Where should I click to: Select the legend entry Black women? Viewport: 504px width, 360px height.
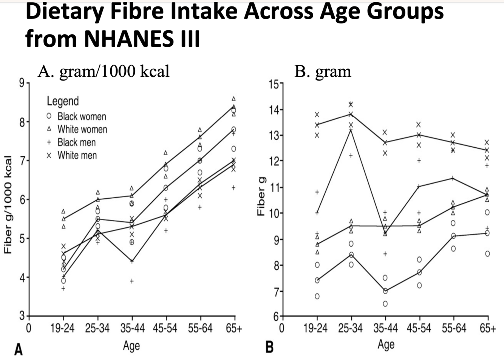82,116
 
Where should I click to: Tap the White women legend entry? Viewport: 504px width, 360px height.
82,129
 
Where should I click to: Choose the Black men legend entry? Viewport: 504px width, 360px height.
76,142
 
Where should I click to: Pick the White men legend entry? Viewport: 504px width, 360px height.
77,155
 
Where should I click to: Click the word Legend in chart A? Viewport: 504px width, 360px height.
63,101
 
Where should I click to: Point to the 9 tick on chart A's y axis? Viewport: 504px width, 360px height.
21,83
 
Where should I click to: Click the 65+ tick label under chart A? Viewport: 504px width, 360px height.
234,328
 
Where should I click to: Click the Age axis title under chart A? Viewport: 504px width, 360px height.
131,345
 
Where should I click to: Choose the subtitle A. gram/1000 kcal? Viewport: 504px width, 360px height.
104,71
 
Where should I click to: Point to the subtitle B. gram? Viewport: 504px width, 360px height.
323,71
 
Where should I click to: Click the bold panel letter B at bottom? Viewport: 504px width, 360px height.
269,347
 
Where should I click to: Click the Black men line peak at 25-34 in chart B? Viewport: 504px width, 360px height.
351,130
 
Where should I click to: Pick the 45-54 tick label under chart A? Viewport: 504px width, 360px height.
165,328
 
